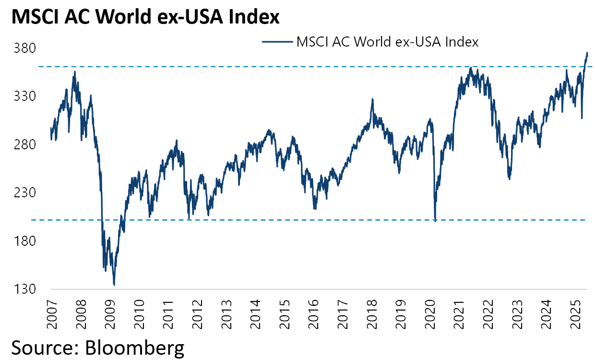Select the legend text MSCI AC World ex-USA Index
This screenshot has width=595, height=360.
click(x=388, y=42)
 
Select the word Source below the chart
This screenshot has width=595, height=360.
click(x=39, y=347)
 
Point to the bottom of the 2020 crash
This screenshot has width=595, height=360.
click(x=435, y=221)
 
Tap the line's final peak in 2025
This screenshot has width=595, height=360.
click(x=587, y=53)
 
